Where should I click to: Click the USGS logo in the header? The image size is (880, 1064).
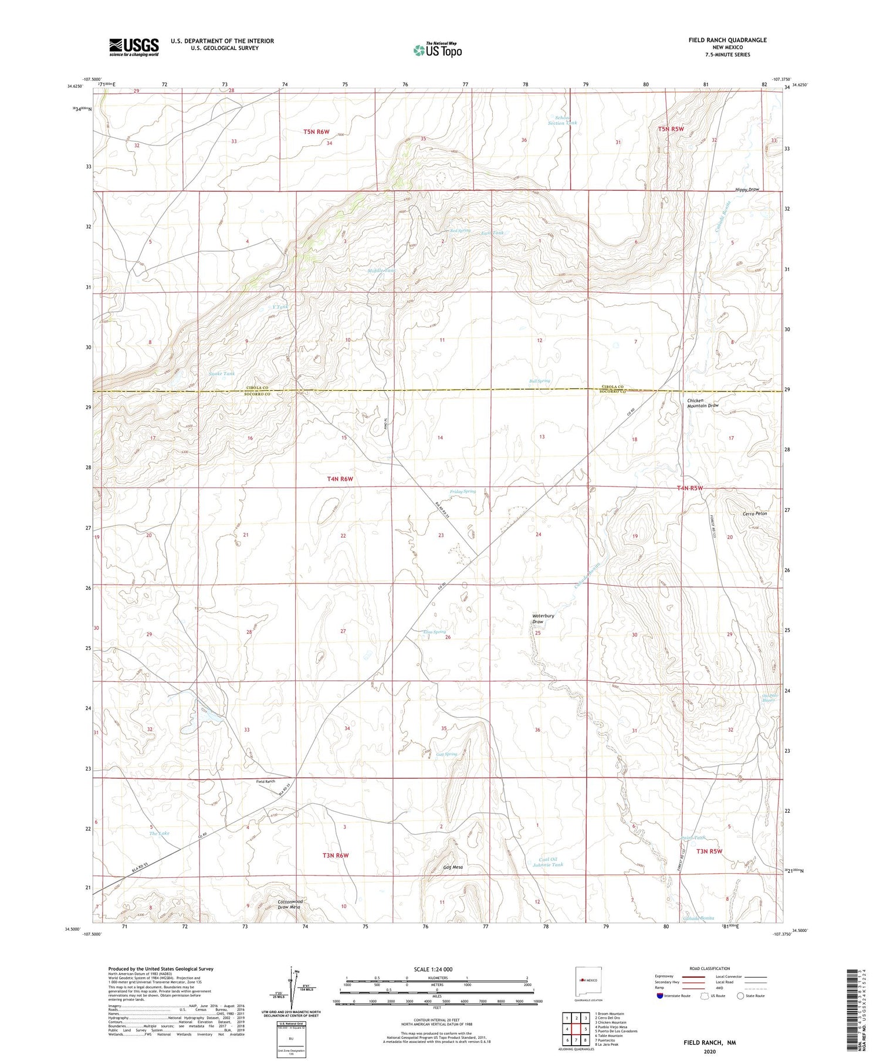[134, 47]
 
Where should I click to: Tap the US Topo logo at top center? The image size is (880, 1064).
[438, 50]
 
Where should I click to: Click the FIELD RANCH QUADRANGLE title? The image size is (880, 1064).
[727, 40]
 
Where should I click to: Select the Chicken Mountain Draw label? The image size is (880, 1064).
[703, 403]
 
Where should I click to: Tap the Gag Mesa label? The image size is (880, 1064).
[453, 867]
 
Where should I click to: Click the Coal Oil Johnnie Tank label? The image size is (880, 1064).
[547, 862]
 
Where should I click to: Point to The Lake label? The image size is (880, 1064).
[159, 833]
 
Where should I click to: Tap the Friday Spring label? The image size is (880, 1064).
[463, 491]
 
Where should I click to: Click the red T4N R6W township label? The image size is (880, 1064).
[340, 479]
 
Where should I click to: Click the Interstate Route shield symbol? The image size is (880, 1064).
[660, 996]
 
